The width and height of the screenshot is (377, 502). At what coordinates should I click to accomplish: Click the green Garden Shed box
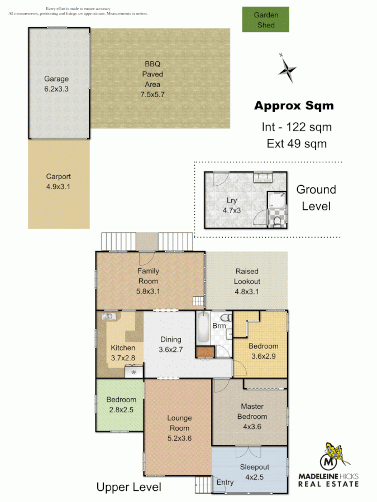tap(266, 20)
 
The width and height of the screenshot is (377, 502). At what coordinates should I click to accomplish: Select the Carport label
tap(59, 177)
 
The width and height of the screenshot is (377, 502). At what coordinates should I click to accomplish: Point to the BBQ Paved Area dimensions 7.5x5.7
tap(152, 95)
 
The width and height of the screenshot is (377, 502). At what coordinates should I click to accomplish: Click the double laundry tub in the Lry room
tap(263, 178)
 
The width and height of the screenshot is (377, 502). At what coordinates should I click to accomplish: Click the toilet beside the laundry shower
tap(278, 221)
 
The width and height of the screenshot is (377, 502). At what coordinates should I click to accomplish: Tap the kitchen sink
tap(108, 316)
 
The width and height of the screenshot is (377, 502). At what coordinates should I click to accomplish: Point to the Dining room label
tap(170, 340)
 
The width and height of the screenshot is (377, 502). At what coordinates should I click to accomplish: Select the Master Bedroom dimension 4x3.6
tap(252, 427)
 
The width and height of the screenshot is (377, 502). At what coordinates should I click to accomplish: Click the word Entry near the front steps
tap(225, 482)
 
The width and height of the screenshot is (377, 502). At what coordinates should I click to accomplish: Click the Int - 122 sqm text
tap(297, 127)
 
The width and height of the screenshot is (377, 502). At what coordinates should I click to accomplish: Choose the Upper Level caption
tap(129, 487)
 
